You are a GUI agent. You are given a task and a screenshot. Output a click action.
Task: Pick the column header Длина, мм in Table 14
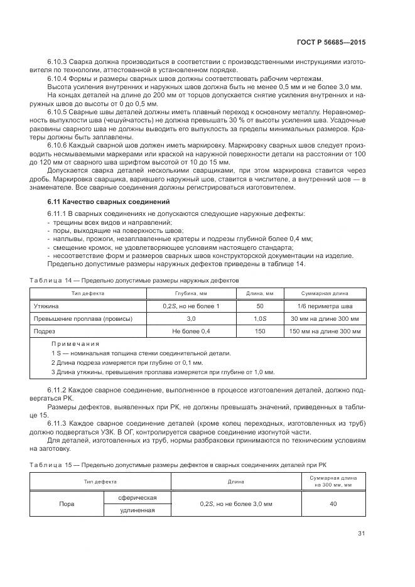[260, 293]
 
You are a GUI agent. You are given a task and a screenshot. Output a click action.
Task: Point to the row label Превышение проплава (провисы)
[83, 319]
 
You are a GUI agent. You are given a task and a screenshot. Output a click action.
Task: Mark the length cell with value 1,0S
[260, 319]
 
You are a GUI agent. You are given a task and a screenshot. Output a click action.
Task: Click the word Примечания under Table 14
[75, 344]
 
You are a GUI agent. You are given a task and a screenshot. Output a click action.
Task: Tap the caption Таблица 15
[51, 464]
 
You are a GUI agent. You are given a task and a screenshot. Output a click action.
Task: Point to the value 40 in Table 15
[333, 504]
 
